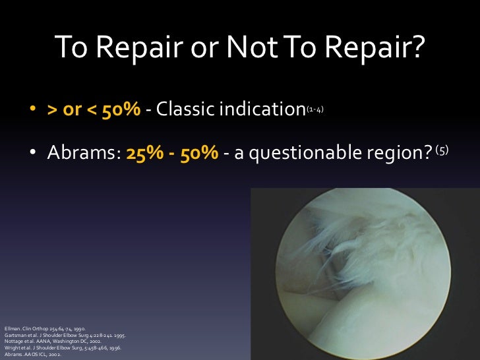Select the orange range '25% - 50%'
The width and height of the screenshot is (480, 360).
point(177,152)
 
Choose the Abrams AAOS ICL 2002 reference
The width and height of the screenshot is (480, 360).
point(33,355)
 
